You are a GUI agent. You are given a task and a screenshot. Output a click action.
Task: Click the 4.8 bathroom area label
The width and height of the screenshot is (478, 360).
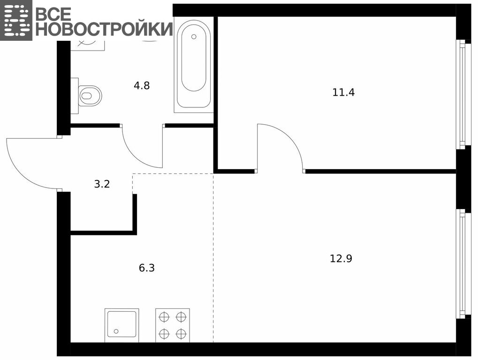142,86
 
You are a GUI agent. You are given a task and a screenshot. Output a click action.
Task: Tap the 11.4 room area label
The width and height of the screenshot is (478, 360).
343,92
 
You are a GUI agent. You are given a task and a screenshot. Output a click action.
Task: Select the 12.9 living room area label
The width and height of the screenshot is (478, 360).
341,259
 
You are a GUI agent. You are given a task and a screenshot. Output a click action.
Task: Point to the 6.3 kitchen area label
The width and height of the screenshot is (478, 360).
147,268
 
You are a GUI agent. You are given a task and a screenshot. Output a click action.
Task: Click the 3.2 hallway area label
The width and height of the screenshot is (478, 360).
102,184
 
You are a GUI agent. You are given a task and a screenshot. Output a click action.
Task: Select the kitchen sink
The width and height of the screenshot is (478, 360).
121,325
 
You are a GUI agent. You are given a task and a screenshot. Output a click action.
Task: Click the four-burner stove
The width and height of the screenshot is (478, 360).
173,325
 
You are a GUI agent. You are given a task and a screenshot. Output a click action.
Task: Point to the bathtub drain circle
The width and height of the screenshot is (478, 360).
194,37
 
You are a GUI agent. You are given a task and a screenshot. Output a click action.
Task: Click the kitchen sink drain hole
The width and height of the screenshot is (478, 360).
116,331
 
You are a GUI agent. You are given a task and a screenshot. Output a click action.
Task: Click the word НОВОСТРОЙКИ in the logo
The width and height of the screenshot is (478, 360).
104,29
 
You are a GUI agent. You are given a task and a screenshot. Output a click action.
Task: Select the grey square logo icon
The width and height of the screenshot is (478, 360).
16,20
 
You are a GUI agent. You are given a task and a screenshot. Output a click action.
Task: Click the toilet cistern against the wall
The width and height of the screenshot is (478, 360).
75,96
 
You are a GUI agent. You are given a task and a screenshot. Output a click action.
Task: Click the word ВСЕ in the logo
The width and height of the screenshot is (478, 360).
53,13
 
